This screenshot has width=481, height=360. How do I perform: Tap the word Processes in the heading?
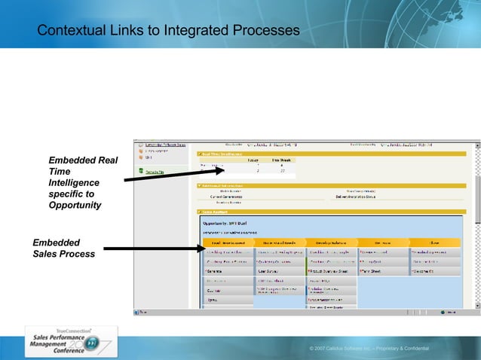tap(264, 30)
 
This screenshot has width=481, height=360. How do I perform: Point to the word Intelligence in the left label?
tap(73, 183)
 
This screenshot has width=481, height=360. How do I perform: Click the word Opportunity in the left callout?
tap(75, 206)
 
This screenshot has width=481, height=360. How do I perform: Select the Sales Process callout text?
tap(64, 254)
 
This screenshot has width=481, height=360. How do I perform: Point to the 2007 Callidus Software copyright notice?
tap(369, 349)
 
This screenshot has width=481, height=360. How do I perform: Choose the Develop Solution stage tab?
tap(330, 243)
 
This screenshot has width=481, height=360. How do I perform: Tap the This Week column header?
tap(281, 160)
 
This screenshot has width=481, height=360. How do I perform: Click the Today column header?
tap(254, 160)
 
